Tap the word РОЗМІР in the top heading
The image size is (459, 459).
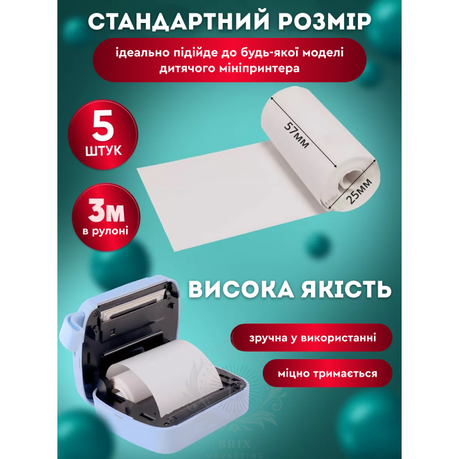pyautogui.click(x=324, y=21)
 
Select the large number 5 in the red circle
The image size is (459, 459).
pyautogui.click(x=103, y=125)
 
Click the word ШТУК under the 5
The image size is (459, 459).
pyautogui.click(x=103, y=151)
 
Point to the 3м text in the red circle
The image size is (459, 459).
pyautogui.click(x=106, y=212)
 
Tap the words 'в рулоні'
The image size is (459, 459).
pyautogui.click(x=106, y=231)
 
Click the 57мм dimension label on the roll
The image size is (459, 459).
pyautogui.click(x=297, y=135)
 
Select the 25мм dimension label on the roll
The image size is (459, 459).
pyautogui.click(x=359, y=192)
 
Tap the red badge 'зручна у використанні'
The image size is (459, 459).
pyautogui.click(x=312, y=337)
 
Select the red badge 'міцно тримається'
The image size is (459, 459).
pyautogui.click(x=327, y=374)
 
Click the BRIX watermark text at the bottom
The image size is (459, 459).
pyautogui.click(x=235, y=444)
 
